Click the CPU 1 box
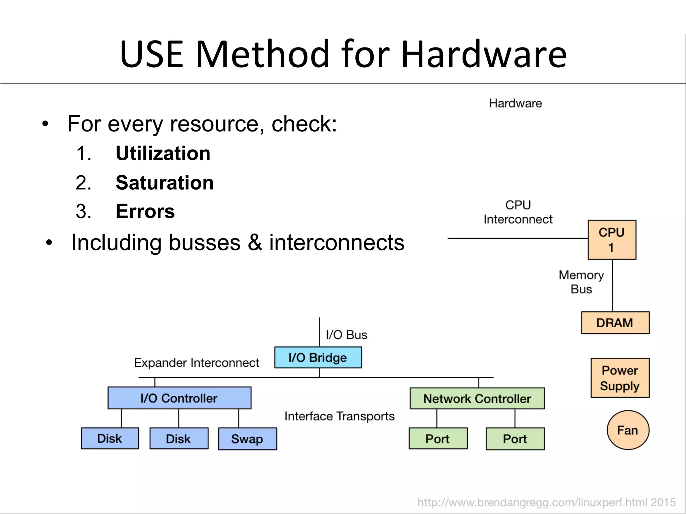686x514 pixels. tap(612, 240)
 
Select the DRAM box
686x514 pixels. tap(615, 323)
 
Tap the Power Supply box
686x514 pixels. tap(620, 378)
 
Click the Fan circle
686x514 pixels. tap(628, 430)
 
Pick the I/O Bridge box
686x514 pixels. tap(318, 357)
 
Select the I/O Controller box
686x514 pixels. tap(179, 398)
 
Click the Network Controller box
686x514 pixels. tap(477, 399)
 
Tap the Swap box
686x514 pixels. tap(247, 439)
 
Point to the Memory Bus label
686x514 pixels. tap(581, 282)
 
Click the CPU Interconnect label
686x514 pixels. tap(518, 212)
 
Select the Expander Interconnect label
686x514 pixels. tap(197, 363)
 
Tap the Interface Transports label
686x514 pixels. tap(339, 416)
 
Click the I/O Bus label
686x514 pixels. tap(346, 335)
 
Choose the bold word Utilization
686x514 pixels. tap(163, 153)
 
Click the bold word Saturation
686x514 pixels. tap(164, 183)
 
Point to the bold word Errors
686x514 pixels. tap(145, 211)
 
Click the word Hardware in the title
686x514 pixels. tap(483, 54)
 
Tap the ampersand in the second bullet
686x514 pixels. tap(255, 242)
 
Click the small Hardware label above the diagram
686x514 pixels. tap(515, 103)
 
